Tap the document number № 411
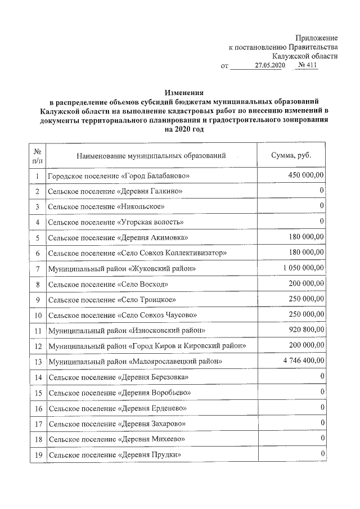308,66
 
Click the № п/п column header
37,156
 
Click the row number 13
37,361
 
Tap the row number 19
37,454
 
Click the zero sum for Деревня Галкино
321,192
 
